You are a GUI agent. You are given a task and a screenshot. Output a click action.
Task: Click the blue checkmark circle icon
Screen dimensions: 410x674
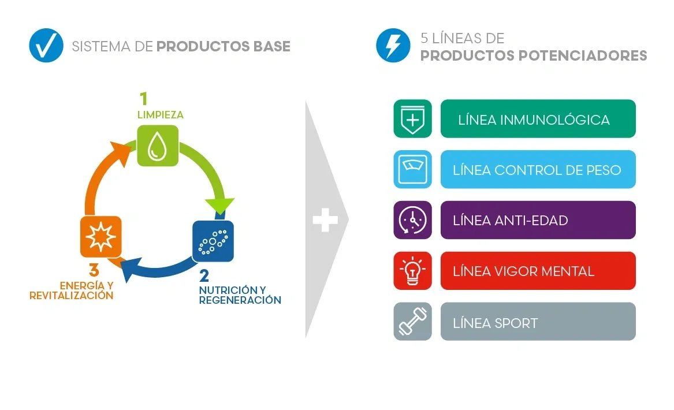point(46,45)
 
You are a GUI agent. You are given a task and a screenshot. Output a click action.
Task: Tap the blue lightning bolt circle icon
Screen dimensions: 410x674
point(393,45)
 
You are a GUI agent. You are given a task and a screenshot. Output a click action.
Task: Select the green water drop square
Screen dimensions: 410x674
point(157,146)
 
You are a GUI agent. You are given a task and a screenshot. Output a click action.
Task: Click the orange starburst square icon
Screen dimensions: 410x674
point(100,237)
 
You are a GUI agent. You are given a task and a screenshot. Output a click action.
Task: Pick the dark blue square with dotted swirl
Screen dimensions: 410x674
point(213,241)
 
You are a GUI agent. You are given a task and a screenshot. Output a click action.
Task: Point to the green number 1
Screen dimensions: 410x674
point(144,99)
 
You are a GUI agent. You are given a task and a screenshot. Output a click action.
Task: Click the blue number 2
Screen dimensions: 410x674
point(204,276)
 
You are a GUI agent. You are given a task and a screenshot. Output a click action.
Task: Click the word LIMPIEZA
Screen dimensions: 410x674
point(160,115)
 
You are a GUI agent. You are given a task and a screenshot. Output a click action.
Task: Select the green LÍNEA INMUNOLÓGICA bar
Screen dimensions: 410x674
point(538,119)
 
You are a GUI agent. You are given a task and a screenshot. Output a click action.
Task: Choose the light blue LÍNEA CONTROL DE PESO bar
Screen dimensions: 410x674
point(538,170)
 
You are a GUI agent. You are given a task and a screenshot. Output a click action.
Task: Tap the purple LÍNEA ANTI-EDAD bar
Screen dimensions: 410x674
point(538,220)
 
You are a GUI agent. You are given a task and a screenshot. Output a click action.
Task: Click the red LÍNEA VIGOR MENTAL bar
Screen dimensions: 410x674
point(538,271)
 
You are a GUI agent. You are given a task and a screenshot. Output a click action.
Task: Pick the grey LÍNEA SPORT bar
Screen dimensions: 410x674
point(538,322)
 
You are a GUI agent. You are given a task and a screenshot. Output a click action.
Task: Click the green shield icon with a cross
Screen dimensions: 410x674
point(412,119)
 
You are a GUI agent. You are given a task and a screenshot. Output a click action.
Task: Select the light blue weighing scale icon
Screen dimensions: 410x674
point(412,170)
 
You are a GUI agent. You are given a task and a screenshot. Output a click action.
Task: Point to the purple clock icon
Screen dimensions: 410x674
point(412,220)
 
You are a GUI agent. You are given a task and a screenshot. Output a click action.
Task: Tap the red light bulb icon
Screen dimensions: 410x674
point(412,271)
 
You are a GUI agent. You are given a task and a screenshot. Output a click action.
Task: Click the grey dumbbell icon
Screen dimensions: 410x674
point(412,322)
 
